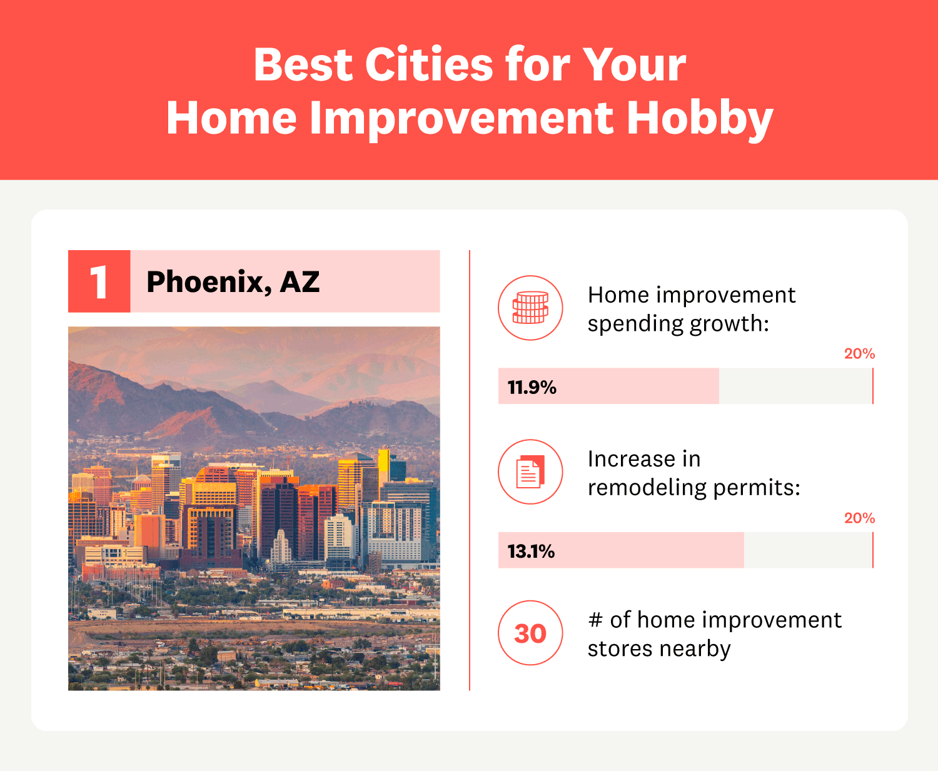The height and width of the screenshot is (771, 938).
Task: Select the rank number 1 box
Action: (99, 281)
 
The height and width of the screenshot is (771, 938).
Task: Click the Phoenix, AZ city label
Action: (233, 282)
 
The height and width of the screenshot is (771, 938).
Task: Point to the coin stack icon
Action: (530, 308)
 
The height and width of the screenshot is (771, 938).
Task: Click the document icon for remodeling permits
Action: (530, 471)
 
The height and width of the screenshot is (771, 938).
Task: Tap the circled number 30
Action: (530, 633)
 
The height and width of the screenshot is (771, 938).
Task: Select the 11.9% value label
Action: (532, 387)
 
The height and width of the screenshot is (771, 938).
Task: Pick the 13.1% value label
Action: (531, 552)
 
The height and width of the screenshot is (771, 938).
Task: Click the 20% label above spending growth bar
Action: (859, 354)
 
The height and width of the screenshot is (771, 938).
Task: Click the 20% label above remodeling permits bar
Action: (859, 518)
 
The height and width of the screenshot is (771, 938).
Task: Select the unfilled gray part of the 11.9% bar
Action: (794, 386)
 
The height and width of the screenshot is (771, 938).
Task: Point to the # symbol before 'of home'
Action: (595, 620)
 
